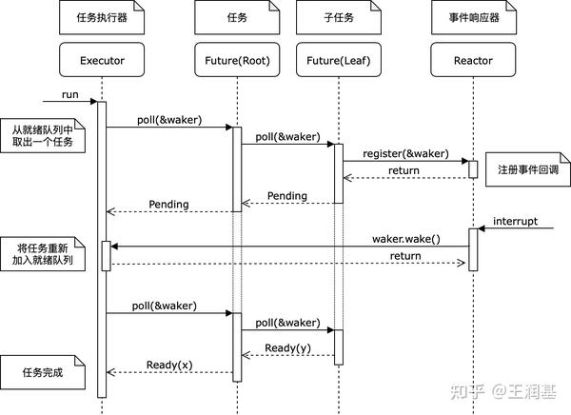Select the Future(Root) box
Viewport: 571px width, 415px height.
point(237,62)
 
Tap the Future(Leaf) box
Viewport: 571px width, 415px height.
point(338,62)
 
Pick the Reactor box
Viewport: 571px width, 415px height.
point(474,62)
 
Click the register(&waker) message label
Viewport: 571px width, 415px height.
point(404,153)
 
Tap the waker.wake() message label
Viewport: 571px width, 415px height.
point(406,238)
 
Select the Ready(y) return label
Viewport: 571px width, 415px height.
point(287,347)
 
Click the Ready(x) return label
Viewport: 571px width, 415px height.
point(169,365)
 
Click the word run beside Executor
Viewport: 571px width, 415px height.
point(69,95)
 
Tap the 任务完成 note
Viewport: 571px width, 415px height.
point(42,373)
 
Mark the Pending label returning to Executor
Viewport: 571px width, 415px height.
point(169,204)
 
